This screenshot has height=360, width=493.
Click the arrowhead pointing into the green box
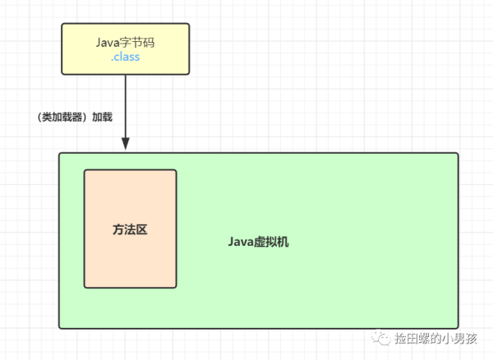pos(125,144)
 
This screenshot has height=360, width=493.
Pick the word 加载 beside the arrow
pos(101,118)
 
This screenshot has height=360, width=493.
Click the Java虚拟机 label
pos(258,242)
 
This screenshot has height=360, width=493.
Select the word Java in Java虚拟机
pos(240,242)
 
